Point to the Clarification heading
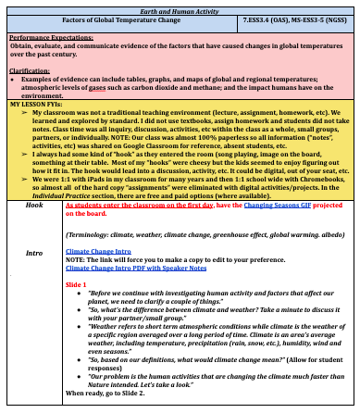pyautogui.click(x=29, y=71)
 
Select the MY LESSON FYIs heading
pyautogui.click(x=36, y=104)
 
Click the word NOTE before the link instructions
pyautogui.click(x=75, y=258)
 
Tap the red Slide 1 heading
pyautogui.click(x=77, y=284)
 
